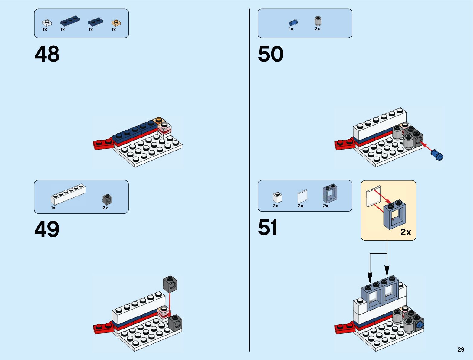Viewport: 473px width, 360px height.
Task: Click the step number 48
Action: [47, 54]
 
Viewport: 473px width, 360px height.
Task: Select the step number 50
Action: [271, 54]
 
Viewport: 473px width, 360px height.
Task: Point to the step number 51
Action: [267, 227]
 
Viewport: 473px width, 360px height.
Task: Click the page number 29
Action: [461, 349]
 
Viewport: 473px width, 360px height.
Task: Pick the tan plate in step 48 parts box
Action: [116, 23]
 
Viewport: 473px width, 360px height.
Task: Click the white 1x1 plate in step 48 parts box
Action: [47, 23]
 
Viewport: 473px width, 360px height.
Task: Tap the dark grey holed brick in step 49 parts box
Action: [107, 199]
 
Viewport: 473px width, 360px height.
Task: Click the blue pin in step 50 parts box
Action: [293, 22]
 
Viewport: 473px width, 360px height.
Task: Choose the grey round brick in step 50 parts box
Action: [318, 21]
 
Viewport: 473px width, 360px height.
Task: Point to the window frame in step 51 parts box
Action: [330, 194]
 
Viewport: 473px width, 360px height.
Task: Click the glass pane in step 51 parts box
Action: [302, 196]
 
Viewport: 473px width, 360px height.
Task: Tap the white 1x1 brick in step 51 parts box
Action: [277, 197]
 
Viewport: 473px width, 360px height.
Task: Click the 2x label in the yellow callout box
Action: [406, 232]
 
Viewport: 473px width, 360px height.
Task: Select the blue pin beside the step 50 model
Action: [437, 155]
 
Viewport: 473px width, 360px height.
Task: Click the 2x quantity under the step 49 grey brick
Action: [105, 208]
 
